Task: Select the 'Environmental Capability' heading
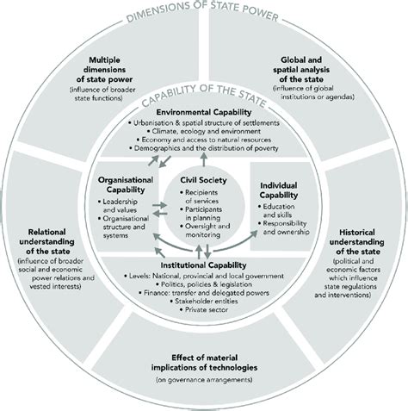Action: pyautogui.click(x=204, y=113)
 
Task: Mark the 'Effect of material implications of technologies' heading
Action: pyautogui.click(x=204, y=359)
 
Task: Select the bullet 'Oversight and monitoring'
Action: pyautogui.click(x=208, y=227)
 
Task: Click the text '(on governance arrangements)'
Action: pyautogui.click(x=204, y=379)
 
